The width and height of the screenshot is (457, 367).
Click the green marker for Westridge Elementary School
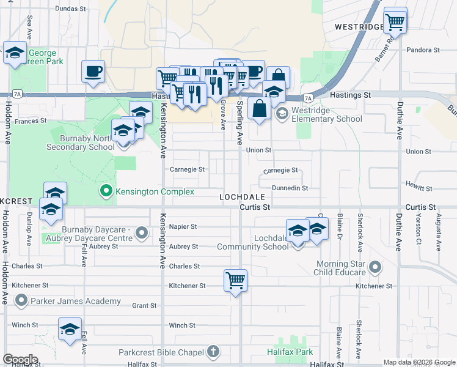pos(282,114)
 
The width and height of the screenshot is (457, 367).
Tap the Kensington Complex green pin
pos(107,192)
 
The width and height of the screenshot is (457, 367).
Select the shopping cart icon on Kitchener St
pos(235,281)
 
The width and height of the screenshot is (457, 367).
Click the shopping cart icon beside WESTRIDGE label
pos(395,22)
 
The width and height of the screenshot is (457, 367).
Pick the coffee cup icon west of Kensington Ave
pos(93,71)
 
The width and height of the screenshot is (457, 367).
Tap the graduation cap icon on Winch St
pos(70,329)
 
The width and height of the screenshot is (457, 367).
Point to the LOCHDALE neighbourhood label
pos(243,197)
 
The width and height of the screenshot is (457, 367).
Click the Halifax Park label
pos(290,352)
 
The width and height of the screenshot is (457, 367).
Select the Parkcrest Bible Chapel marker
pos(213,352)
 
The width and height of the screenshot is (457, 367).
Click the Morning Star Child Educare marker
pos(375,268)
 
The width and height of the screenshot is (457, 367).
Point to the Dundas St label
pos(71,9)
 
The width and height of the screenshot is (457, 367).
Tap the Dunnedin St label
pos(290,188)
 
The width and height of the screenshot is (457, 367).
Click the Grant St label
pos(145,305)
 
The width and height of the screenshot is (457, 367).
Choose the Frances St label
pos(31,121)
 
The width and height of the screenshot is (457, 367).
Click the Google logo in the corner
pos(20,360)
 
